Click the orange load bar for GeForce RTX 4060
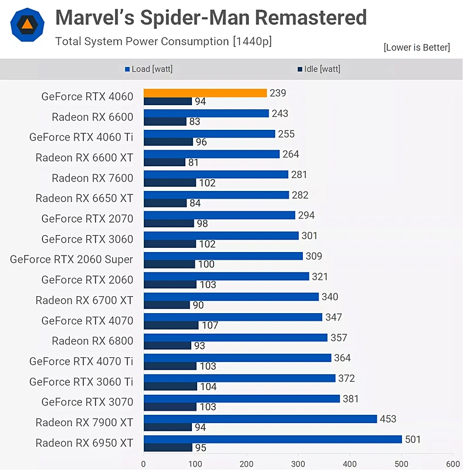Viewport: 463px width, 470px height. coord(205,93)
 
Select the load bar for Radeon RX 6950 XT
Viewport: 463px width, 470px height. coord(272,439)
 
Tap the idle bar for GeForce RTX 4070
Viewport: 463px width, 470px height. coord(171,325)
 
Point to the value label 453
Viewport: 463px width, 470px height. coord(388,419)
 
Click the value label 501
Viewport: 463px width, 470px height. coord(413,439)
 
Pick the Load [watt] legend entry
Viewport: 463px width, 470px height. coord(149,69)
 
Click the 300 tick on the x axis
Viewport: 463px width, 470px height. coord(298,464)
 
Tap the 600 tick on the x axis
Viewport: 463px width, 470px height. coord(452,464)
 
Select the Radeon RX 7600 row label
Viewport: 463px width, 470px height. coord(92,178)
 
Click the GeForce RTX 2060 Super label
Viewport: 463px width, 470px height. coord(72,259)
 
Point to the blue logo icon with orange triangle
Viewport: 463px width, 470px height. coord(27,25)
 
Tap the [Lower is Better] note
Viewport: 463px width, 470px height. coord(417,47)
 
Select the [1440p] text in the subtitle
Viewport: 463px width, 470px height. coord(252,41)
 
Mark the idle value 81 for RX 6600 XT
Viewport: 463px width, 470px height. coord(194,162)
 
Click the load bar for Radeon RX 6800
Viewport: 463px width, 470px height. coord(235,337)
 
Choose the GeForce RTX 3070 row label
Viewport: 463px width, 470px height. coord(87,402)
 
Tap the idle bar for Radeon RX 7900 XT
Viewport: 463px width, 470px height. coord(167,427)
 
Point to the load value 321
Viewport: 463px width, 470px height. coord(320,276)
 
